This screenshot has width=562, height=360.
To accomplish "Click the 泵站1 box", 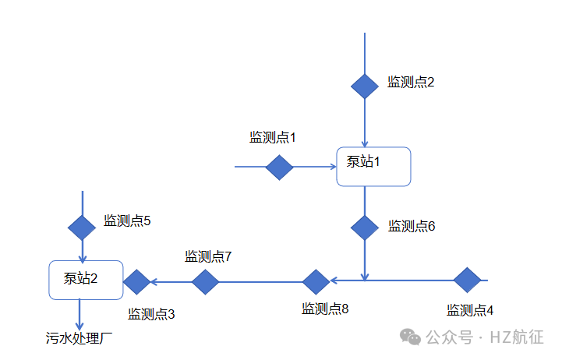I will click(373, 166).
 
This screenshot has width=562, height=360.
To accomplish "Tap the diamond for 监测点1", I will click(279, 167).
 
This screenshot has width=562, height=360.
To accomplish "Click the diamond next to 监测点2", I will click(364, 85).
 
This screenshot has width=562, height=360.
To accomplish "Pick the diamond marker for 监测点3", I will click(136, 281).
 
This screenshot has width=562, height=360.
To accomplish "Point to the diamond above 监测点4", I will click(467, 280).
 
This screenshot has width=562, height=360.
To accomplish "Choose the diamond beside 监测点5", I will click(82, 227).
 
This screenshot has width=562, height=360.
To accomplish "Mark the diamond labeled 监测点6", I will click(364, 227).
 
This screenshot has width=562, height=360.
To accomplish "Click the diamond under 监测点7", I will click(205, 281).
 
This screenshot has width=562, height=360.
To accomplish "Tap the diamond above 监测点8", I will click(316, 281).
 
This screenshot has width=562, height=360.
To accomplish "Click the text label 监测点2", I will click(411, 82).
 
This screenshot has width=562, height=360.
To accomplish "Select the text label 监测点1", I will click(273, 137).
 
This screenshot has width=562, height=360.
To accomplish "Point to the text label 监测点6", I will click(412, 226).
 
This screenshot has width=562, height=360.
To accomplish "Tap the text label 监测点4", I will click(470, 310).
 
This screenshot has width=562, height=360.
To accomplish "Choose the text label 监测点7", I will click(209, 256).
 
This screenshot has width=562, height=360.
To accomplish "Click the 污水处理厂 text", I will click(80, 338).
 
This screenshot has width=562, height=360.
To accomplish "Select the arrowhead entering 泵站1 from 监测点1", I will click(331, 167).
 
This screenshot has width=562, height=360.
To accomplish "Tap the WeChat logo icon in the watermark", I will click(411, 336).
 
